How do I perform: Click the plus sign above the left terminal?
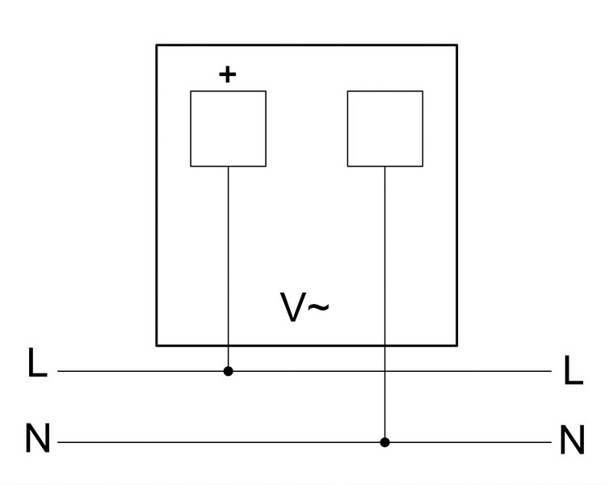coord(228,74)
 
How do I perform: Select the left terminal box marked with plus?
coord(229,129)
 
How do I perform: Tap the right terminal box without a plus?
coord(385,129)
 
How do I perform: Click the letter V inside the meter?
coord(293,307)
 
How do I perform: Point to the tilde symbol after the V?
coord(318,307)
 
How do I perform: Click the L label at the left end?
coord(38,362)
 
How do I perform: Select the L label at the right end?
coord(573,370)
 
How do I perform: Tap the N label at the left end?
coord(38,438)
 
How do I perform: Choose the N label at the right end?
coord(573,440)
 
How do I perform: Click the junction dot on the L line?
coord(229,371)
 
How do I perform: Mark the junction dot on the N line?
coord(385,442)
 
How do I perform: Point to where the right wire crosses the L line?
coord(385,371)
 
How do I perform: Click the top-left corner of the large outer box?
coord(157,45)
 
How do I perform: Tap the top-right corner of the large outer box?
coord(457,45)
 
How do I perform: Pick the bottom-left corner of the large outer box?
coord(157,345)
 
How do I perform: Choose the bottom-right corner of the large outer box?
coord(457,345)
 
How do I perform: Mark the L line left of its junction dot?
coord(141,371)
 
